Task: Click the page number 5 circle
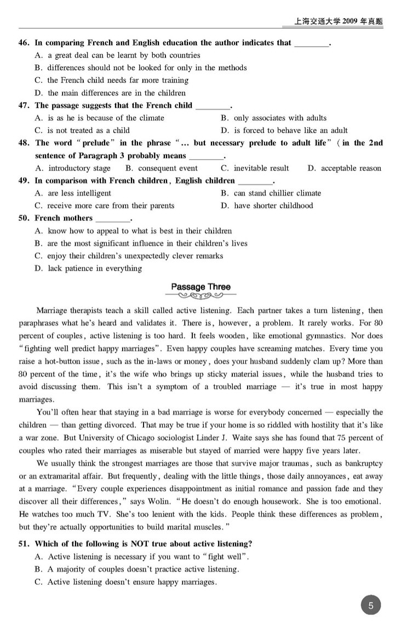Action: pos(371,606)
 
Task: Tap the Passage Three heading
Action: pos(200,287)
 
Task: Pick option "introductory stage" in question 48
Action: pos(79,168)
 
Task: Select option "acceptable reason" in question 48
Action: pos(351,168)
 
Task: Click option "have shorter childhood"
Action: pos(273,206)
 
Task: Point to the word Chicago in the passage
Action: pos(122,438)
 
